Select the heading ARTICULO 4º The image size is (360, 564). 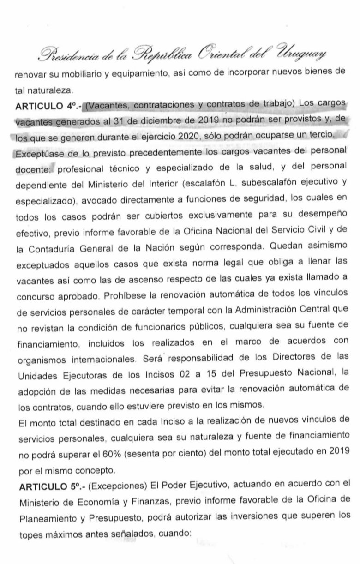click(42, 106)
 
